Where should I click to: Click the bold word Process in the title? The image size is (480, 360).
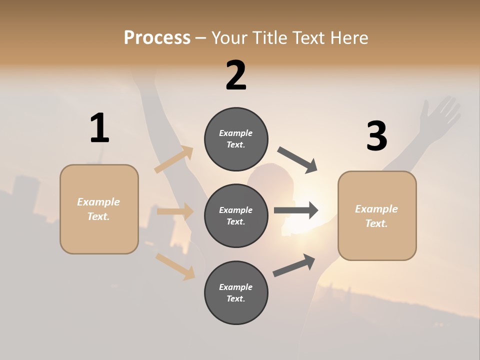click(x=157, y=38)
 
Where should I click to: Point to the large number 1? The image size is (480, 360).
click(x=99, y=128)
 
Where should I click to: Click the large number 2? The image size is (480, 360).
click(x=236, y=75)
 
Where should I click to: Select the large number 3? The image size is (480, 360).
click(x=376, y=136)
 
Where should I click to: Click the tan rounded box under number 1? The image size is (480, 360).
click(x=99, y=209)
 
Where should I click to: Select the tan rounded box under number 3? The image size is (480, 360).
click(x=377, y=216)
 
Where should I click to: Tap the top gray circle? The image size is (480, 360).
click(x=236, y=139)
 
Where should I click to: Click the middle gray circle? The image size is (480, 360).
click(x=236, y=216)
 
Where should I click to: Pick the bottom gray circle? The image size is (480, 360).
click(x=236, y=293)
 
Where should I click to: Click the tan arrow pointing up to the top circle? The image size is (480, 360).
click(x=174, y=160)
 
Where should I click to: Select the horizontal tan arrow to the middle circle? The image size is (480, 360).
click(x=175, y=211)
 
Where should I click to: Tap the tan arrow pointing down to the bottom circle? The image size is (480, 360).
click(x=175, y=266)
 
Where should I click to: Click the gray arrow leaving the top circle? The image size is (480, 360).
click(x=297, y=160)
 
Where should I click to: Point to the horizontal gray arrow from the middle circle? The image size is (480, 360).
click(x=296, y=210)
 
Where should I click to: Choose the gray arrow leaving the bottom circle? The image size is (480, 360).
click(x=294, y=265)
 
